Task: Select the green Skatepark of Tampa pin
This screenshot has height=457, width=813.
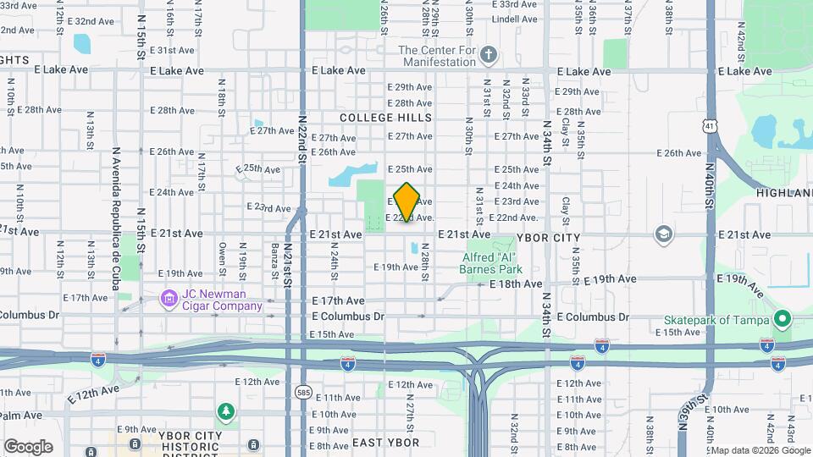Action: pyautogui.click(x=783, y=320)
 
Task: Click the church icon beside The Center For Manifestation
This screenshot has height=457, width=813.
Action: pyautogui.click(x=488, y=56)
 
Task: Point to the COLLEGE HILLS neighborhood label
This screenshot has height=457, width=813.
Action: pyautogui.click(x=385, y=118)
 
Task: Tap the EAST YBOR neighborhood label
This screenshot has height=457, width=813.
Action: pyautogui.click(x=385, y=443)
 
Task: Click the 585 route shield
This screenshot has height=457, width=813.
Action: pyautogui.click(x=303, y=392)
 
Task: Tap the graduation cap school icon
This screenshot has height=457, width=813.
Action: pyautogui.click(x=664, y=233)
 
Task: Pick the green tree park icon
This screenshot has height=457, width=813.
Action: pyautogui.click(x=225, y=412)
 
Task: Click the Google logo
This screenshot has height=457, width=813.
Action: pyautogui.click(x=28, y=446)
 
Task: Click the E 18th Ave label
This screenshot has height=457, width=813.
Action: pyautogui.click(x=516, y=284)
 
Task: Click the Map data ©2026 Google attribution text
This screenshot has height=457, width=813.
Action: pyautogui.click(x=760, y=450)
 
